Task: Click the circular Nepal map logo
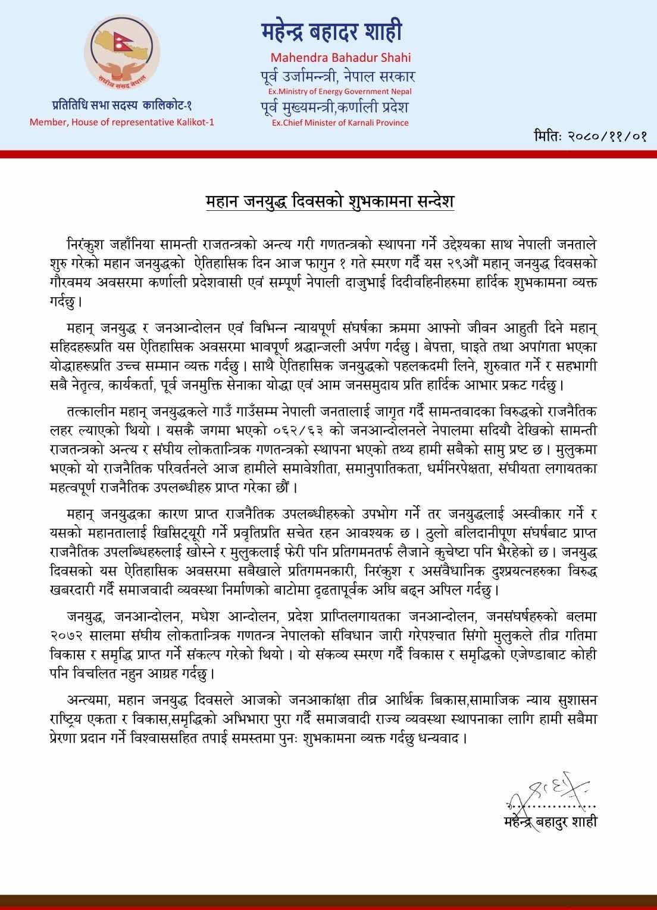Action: pyautogui.click(x=122, y=57)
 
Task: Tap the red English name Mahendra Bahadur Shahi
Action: pyautogui.click(x=340, y=58)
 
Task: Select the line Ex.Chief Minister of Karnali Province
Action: pyautogui.click(x=340, y=123)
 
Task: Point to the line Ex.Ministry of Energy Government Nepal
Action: pyautogui.click(x=340, y=91)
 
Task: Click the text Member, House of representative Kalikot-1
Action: pyautogui.click(x=122, y=122)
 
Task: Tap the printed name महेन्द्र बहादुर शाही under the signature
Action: pyautogui.click(x=549, y=822)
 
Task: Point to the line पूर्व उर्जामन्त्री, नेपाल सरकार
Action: pyautogui.click(x=338, y=77)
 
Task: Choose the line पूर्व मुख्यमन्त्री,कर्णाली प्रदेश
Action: pyautogui.click(x=334, y=107)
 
